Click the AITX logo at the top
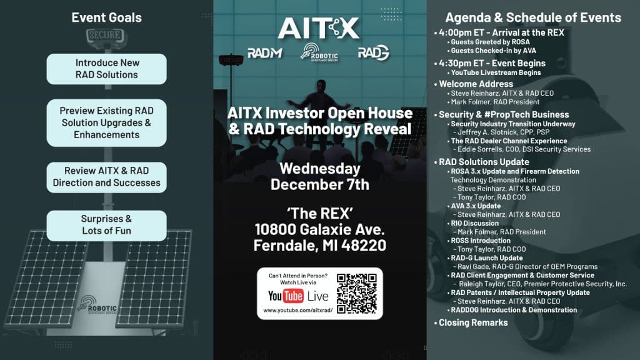[x=319, y=27]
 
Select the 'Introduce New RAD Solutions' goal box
[x=107, y=69]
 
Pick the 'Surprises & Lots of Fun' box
[x=107, y=225]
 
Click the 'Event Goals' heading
[x=106, y=17]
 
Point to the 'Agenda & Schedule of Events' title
[x=533, y=17]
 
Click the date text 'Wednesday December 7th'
[x=319, y=176]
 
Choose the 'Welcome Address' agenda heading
[x=476, y=84]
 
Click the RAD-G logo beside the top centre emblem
[x=373, y=53]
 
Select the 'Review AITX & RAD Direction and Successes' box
[x=107, y=177]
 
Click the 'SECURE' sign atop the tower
[x=104, y=35]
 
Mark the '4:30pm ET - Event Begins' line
[x=492, y=63]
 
